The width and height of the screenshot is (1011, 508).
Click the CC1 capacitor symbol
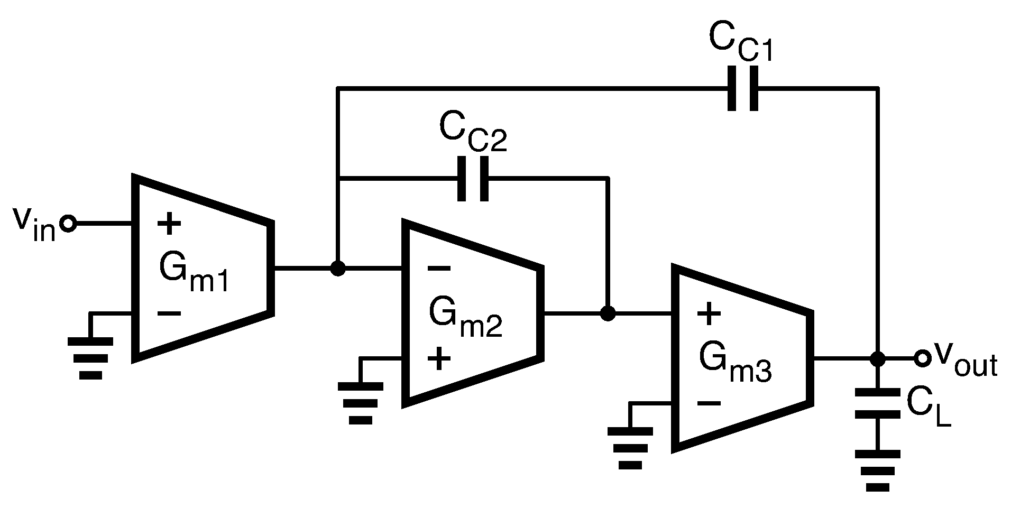coord(743,88)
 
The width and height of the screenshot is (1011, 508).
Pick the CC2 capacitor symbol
coord(473,179)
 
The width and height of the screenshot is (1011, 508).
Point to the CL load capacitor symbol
coord(878,404)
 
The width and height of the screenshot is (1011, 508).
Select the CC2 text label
coord(472,134)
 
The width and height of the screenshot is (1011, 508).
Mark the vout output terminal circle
coord(922,359)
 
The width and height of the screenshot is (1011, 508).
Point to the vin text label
coord(35,224)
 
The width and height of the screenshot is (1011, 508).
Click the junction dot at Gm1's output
coord(337,269)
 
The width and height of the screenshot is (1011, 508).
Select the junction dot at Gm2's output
coord(608,314)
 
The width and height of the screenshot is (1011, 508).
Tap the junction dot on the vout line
coord(878,359)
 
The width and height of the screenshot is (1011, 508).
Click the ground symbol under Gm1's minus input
coord(90,357)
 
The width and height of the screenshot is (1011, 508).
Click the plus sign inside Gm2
coord(439,359)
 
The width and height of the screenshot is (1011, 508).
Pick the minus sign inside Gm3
coord(709,404)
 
